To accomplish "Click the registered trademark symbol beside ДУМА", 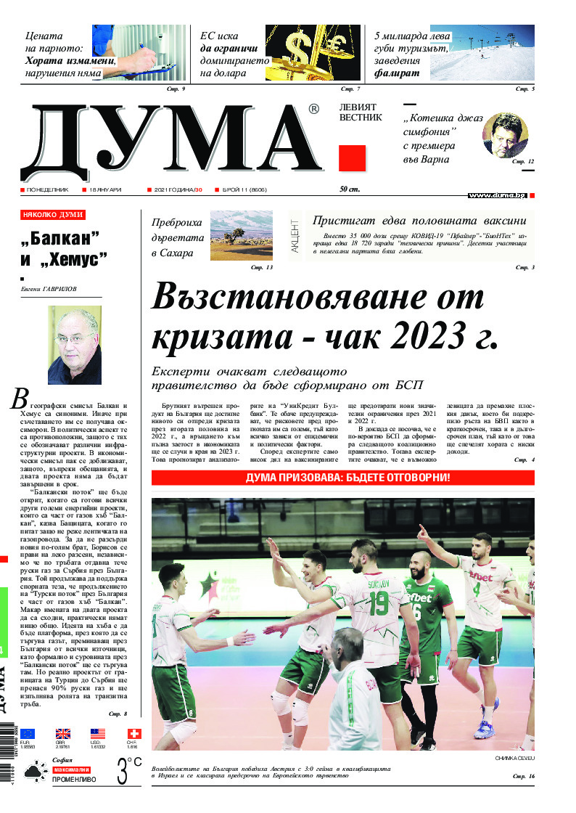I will [313, 109].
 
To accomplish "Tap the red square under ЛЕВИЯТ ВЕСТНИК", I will [352, 158].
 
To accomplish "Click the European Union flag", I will [28, 734].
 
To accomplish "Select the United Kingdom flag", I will [63, 734].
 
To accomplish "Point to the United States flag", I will [98, 734].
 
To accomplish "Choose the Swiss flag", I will [133, 734].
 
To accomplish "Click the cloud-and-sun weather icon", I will [33, 771].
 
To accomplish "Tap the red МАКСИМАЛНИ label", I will [71, 769].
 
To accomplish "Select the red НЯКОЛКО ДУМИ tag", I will [53, 215].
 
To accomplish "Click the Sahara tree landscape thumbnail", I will [241, 234].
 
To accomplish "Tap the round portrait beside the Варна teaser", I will [505, 135].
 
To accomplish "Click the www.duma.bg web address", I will [497, 195].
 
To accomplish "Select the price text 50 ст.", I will [350, 189].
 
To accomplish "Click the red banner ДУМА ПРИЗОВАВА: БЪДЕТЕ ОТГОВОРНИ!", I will [342, 478].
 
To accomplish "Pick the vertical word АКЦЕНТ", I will [295, 235].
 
